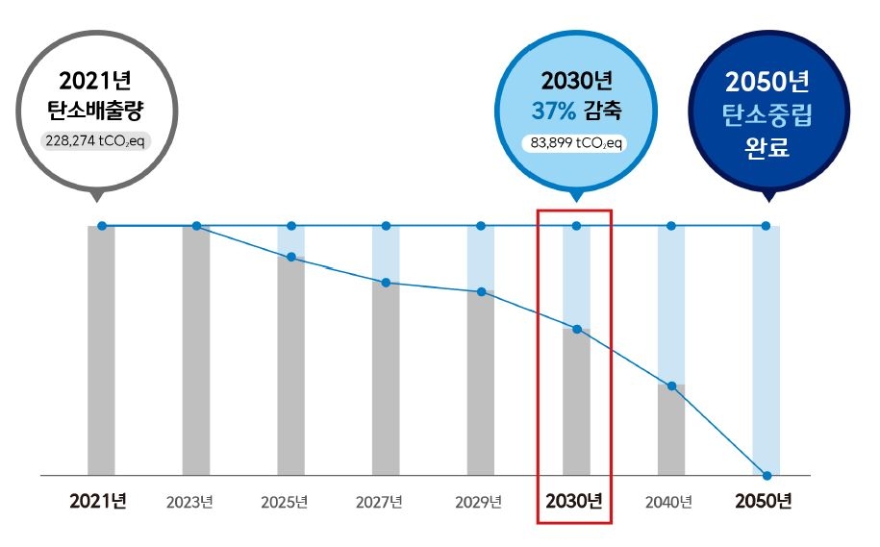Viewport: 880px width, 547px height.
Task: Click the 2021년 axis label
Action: (98, 501)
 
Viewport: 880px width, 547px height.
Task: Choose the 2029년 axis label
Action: (478, 501)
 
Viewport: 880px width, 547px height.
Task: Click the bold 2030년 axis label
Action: (573, 501)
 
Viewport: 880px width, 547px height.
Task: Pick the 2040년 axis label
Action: (668, 501)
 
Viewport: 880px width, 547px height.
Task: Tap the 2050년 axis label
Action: (764, 501)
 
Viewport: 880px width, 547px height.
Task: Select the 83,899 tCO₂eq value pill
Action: (573, 143)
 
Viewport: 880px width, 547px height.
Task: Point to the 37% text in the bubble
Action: (553, 112)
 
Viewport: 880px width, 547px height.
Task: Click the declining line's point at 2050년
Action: (767, 475)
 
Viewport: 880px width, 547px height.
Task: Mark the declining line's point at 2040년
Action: (671, 385)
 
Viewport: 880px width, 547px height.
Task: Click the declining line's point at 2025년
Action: (291, 257)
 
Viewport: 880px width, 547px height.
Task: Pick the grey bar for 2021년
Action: (101, 351)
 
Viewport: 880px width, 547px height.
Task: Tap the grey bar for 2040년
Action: (671, 430)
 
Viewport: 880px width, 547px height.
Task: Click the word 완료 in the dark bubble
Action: (767, 150)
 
